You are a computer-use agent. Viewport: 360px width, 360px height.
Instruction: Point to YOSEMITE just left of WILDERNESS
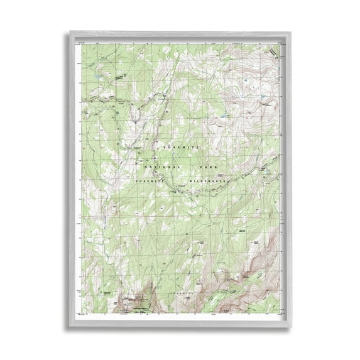(152, 180)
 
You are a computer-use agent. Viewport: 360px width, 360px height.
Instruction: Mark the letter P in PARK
(200, 168)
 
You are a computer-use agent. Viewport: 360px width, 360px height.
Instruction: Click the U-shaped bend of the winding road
(137, 117)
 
